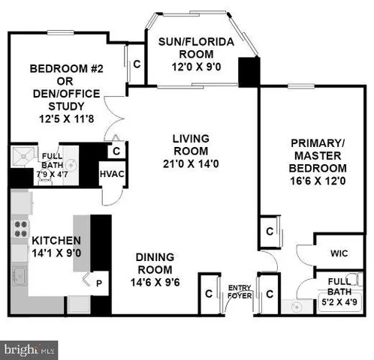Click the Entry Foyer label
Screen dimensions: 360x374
tap(240, 290)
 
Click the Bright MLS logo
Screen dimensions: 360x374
tap(29, 349)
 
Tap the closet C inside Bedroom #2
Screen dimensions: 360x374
tap(136, 64)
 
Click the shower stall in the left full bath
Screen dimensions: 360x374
tap(20, 158)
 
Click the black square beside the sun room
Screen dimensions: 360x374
tap(247, 70)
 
